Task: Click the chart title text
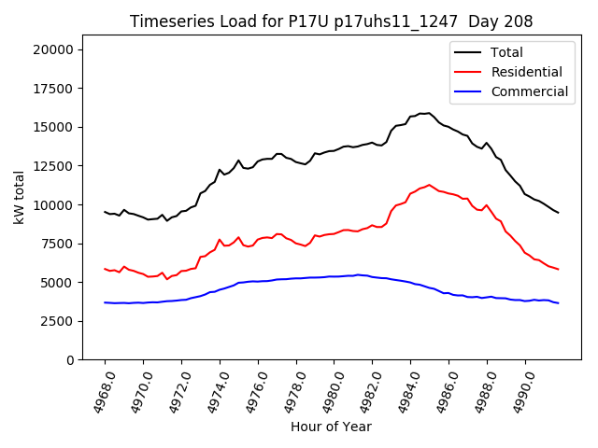(331, 21)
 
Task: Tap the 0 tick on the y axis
(70, 359)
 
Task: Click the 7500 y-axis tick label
(60, 243)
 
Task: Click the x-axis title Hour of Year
(331, 427)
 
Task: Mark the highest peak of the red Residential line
(430, 185)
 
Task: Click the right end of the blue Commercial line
(559, 303)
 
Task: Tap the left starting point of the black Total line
(105, 212)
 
